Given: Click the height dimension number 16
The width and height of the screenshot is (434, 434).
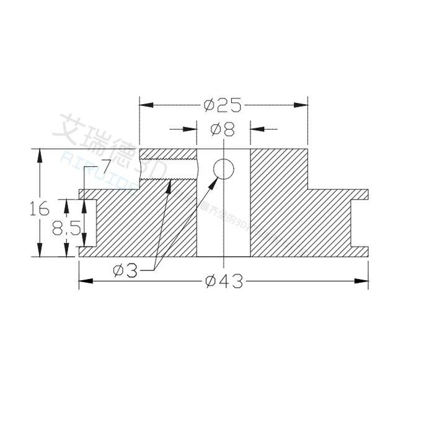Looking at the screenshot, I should (x=39, y=209).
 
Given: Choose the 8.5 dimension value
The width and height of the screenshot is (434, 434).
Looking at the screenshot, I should (x=66, y=229).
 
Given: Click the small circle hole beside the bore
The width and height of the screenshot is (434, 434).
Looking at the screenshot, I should (x=223, y=168).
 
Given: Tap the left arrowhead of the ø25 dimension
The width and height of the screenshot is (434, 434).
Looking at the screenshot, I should (x=144, y=105).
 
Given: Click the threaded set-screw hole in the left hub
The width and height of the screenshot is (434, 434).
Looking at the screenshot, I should (x=169, y=168).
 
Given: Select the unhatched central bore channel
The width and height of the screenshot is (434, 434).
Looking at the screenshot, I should (x=223, y=223).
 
